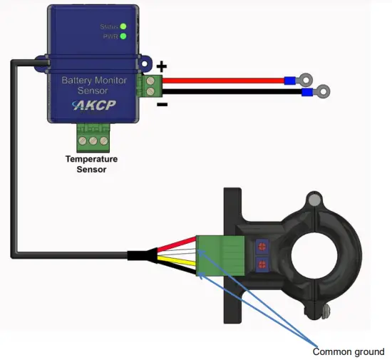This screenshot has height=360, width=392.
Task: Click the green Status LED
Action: point(123,27)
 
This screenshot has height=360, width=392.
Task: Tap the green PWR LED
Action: point(123,36)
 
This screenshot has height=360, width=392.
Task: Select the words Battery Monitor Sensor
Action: point(95,86)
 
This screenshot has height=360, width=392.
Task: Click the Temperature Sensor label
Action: point(91,164)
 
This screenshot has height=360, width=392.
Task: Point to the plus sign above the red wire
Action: point(162,66)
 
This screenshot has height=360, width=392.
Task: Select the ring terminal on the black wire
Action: point(325,91)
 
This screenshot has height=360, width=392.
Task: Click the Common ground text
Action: point(349,351)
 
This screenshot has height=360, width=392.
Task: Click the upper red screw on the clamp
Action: point(262,246)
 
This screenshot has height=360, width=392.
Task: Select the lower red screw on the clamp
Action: point(262,266)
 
